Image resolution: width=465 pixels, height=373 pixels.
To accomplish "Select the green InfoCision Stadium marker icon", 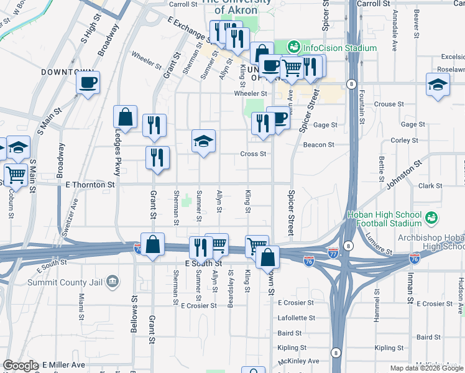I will (293, 47).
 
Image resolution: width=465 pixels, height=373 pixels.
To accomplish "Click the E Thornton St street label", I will (90, 185).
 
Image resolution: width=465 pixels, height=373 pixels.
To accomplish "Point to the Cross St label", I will (254, 154).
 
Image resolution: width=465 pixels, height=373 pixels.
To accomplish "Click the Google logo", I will (21, 365).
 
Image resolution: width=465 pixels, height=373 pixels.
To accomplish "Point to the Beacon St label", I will (318, 145).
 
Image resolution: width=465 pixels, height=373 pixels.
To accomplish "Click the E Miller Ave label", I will (63, 364).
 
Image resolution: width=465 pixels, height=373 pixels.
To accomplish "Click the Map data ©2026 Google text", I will (425, 368).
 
